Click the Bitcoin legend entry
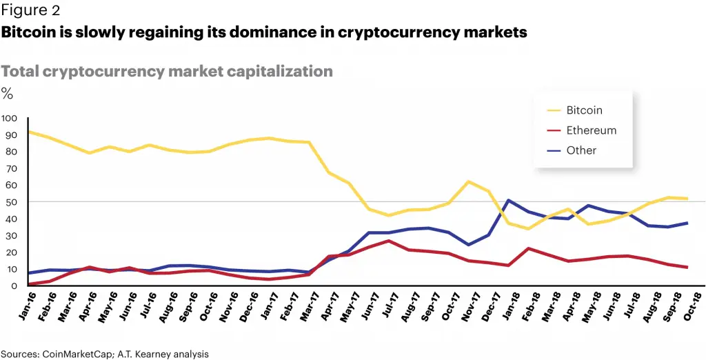coord(584,110)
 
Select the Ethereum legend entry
coord(591,130)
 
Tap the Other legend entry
coord(581,150)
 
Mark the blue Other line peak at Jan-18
coord(508,201)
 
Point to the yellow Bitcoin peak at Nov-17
coord(468,181)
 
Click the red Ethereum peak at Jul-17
coord(389,241)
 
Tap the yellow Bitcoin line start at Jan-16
coord(28,131)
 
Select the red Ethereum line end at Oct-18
coord(687,268)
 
